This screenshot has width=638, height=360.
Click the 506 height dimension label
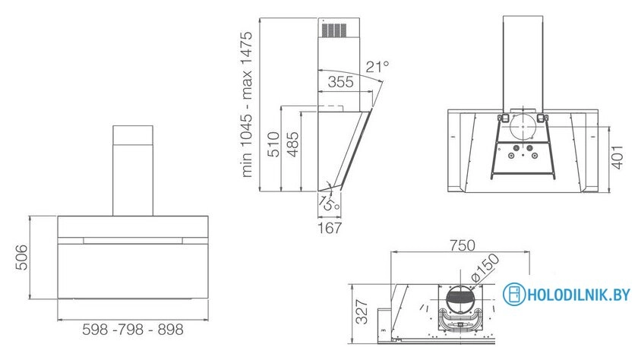[x=21, y=257]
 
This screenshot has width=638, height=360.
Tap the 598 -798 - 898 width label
[x=133, y=329]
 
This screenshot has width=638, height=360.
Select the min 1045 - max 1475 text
[x=247, y=105]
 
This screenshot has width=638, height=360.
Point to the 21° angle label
[x=377, y=66]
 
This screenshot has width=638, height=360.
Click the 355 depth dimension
[x=340, y=82]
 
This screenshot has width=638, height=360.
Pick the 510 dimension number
[x=275, y=144]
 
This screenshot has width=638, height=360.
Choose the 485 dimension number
[x=292, y=144]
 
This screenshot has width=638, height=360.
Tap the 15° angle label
[x=329, y=203]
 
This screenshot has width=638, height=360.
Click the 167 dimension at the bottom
[x=330, y=228]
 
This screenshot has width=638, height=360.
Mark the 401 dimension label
[x=617, y=157]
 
